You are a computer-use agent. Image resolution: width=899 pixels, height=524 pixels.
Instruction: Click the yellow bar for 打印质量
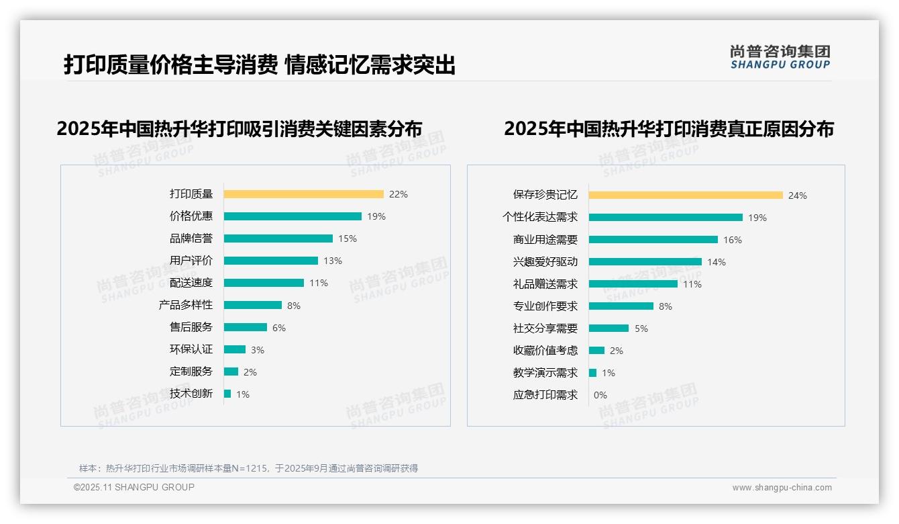click(303, 194)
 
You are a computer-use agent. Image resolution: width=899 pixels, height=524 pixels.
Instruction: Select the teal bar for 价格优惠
click(293, 216)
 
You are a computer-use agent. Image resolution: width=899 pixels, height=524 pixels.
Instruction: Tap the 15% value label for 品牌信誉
click(347, 238)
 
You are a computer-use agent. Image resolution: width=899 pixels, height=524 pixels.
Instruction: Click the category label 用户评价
click(191, 261)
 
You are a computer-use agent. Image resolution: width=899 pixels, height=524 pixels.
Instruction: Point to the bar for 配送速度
click(264, 283)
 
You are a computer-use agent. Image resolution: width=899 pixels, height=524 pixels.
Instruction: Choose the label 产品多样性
click(185, 305)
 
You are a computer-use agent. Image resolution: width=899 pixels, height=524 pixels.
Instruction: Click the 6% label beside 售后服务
click(278, 328)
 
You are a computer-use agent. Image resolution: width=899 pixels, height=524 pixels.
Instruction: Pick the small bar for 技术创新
click(227, 394)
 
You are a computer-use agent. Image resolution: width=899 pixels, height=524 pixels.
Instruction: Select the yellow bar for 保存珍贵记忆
click(686, 195)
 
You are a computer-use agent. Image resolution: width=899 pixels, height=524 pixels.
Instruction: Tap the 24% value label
click(797, 195)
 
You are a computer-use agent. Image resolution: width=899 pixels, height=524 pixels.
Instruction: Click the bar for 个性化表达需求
click(666, 218)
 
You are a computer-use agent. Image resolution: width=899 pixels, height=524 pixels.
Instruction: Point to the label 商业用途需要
click(545, 240)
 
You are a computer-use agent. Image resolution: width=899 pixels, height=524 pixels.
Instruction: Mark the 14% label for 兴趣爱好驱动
click(716, 262)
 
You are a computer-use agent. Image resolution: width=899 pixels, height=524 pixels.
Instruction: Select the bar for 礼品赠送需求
click(633, 284)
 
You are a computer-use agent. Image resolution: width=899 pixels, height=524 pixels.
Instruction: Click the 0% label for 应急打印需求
click(600, 395)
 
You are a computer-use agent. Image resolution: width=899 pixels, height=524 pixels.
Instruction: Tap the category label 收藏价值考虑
click(545, 351)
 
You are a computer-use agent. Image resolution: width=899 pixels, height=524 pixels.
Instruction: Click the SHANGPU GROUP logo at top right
click(780, 57)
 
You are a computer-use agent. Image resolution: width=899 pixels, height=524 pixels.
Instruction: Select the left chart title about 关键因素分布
click(239, 128)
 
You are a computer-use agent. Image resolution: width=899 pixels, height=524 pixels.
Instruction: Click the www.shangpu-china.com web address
click(782, 488)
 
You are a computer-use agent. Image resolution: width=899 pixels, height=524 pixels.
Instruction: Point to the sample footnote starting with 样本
click(248, 468)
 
